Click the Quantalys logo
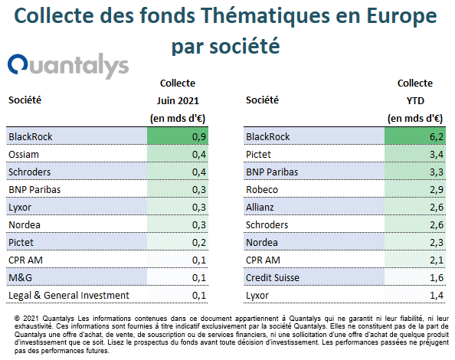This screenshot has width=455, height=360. (68, 66)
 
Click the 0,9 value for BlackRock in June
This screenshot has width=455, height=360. (199, 136)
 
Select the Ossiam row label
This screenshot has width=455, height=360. (24, 154)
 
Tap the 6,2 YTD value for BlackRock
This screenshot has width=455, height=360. (437, 136)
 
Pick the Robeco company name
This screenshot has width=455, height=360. (262, 190)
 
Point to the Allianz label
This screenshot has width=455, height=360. (260, 207)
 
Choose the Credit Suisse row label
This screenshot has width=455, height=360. (273, 277)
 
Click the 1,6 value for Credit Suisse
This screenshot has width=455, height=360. (437, 277)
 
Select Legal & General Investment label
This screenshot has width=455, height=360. (69, 296)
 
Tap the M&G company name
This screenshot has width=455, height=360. (20, 277)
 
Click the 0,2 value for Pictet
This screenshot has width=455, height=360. (199, 243)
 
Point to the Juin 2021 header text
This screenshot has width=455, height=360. (178, 100)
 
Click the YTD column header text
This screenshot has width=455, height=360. (415, 100)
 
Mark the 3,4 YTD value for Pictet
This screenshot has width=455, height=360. (437, 154)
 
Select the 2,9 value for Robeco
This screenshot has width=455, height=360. (437, 190)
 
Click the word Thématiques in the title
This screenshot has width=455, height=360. (266, 15)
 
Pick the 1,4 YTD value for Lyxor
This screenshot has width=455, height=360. (437, 296)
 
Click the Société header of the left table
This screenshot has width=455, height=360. (25, 100)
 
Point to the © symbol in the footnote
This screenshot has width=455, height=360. (17, 319)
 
